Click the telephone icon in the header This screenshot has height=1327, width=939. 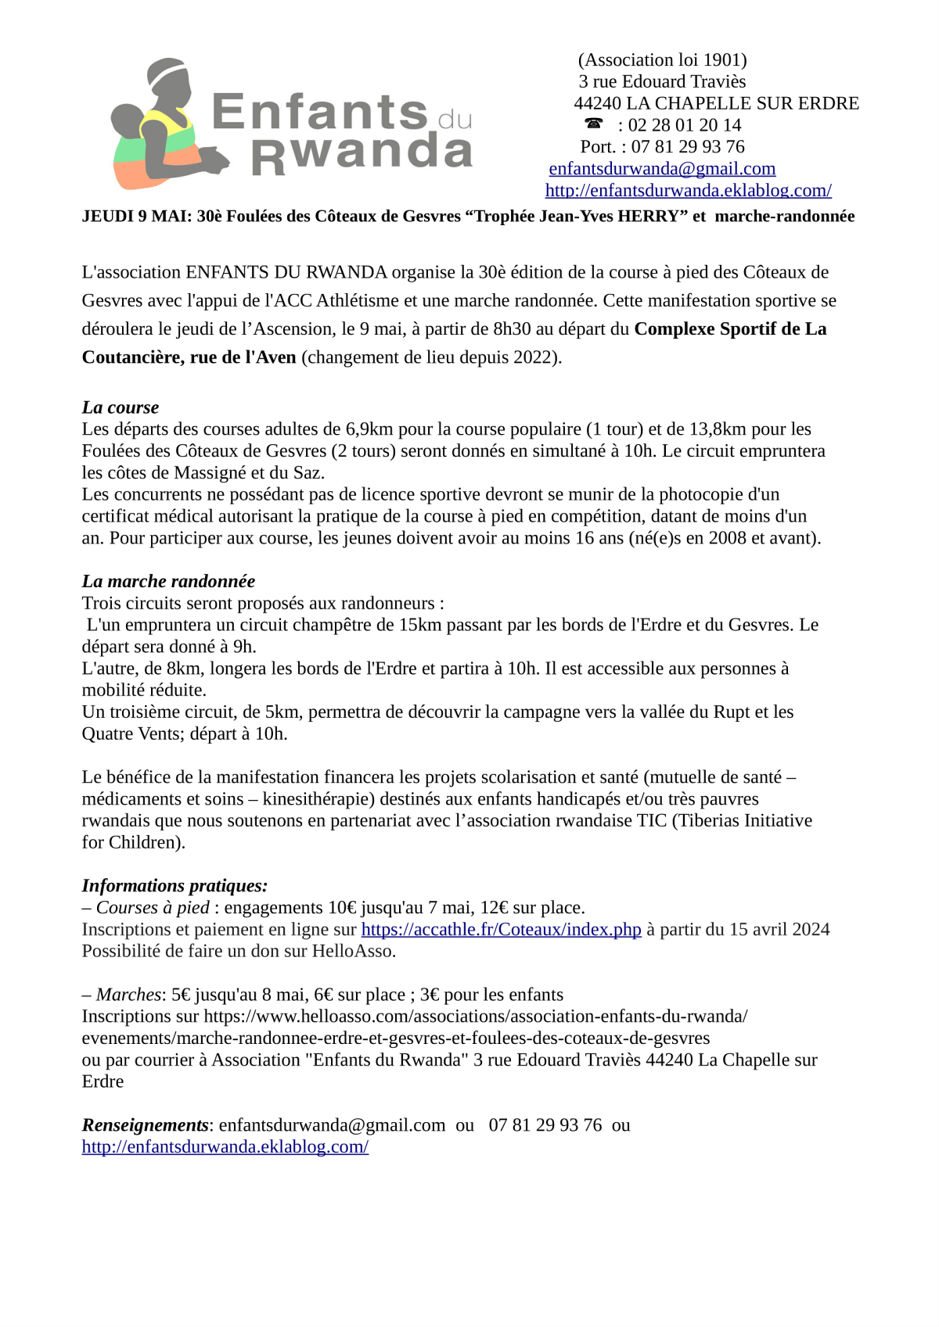point(594,124)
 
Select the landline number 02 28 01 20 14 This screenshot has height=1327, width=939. point(685,125)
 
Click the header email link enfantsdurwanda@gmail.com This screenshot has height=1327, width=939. point(662,169)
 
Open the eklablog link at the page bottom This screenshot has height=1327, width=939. point(225,1147)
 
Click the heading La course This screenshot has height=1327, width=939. point(120,407)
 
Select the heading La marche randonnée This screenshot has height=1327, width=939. point(168,581)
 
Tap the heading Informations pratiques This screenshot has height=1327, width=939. point(174,886)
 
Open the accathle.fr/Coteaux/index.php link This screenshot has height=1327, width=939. point(501,930)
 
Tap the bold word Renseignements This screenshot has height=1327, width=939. point(145,1125)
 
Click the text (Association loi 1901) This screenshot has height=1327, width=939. point(662,60)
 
